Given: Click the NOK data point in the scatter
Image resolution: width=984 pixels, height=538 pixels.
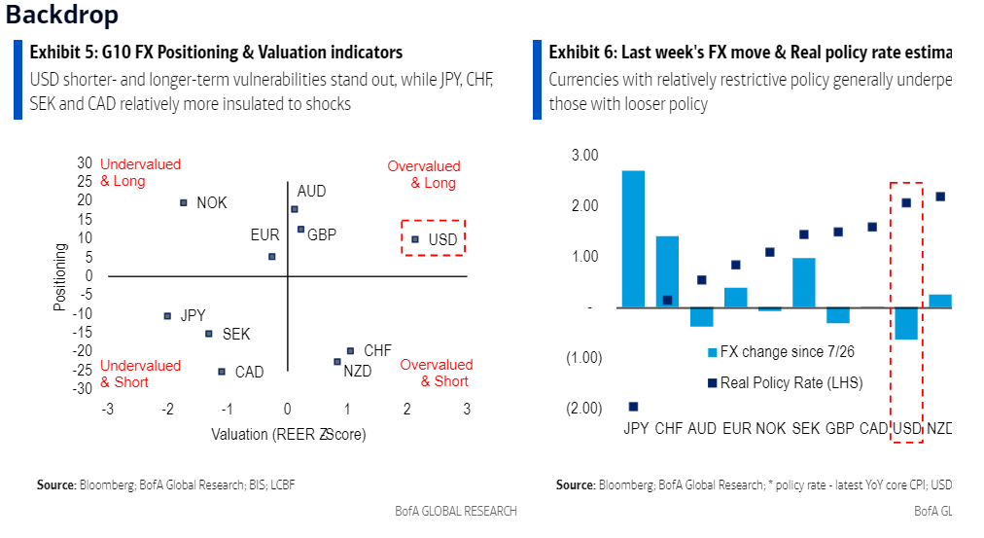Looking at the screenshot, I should (x=184, y=202).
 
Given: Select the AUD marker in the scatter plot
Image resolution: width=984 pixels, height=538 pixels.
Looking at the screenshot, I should (x=295, y=209).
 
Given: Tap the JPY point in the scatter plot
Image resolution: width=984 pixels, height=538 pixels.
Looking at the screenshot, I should (x=167, y=316).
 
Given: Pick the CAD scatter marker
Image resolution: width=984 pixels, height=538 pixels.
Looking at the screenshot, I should (x=222, y=372).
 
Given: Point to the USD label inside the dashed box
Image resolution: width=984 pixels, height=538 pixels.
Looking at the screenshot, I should (x=442, y=238).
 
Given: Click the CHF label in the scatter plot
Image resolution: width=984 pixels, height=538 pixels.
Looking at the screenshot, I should (x=377, y=350).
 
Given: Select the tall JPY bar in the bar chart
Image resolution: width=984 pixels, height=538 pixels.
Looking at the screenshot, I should (x=633, y=238).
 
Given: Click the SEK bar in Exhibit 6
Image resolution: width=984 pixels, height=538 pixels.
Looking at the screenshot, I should (x=803, y=282).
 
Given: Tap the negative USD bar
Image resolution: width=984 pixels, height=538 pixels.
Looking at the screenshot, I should (x=906, y=323).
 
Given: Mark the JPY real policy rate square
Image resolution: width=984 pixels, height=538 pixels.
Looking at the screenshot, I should (x=633, y=407).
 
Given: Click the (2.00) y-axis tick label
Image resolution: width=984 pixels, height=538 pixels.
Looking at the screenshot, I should (x=583, y=409).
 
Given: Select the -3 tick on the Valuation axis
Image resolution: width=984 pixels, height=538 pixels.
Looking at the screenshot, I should (x=108, y=409).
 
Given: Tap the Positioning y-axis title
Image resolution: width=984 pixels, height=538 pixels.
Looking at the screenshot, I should (x=60, y=277).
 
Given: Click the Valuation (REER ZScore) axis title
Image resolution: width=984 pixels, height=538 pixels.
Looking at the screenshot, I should (x=289, y=434).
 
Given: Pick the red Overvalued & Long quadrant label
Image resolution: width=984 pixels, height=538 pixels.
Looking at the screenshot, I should (x=424, y=174).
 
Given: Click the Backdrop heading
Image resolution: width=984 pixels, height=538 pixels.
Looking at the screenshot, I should (x=63, y=16).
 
